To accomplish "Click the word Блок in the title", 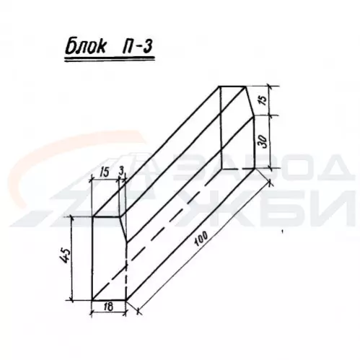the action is pos(85,46).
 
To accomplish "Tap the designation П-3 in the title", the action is pos(136,45).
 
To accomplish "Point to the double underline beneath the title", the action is pos(110,59).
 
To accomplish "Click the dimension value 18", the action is pos(109,307).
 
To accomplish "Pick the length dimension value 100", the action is pos(201,239).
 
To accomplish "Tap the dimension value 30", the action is pos(262,141).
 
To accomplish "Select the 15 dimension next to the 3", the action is pos(104,172).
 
